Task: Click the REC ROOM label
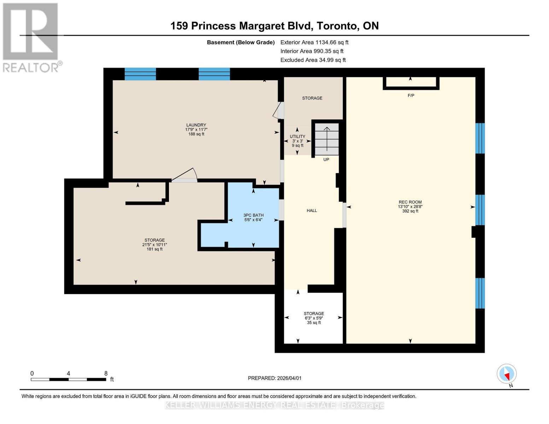(410, 202)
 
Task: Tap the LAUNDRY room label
(196, 125)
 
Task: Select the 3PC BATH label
(253, 215)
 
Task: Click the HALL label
(312, 211)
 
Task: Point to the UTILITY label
(297, 136)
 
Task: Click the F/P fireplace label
(411, 96)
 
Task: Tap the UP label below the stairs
(326, 160)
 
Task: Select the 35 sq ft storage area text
(314, 323)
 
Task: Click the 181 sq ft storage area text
(154, 249)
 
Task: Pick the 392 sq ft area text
(410, 211)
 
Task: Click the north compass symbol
(507, 374)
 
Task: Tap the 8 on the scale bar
(106, 373)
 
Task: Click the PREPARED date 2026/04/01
(275, 378)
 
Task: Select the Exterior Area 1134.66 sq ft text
(314, 42)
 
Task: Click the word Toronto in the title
(337, 26)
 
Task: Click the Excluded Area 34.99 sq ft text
(313, 60)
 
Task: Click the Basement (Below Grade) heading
(241, 42)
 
